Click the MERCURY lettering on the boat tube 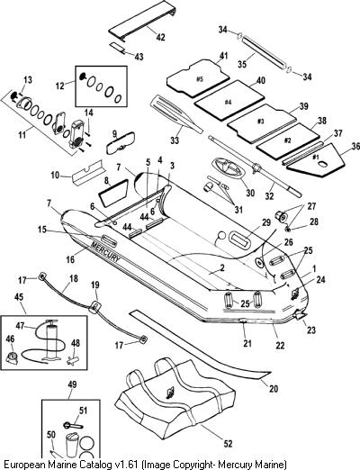[x=105, y=251]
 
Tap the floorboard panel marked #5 [x=198, y=78]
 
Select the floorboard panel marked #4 [x=229, y=100]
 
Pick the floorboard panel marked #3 [x=262, y=123]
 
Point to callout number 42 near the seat [x=160, y=37]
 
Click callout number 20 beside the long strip [x=274, y=389]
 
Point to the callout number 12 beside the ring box [x=60, y=86]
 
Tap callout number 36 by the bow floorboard [x=355, y=146]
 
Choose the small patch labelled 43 [x=118, y=48]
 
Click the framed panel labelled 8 [x=113, y=193]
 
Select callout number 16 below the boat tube [x=70, y=258]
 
